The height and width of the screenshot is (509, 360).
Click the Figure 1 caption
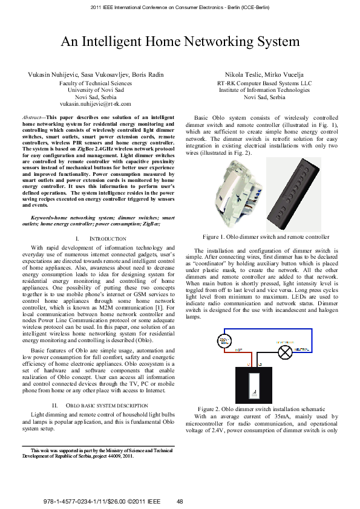pyautogui.click(x=266, y=237)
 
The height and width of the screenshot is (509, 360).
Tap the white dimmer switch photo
pyautogui.click(x=237, y=187)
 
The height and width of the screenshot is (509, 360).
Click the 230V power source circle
pyautogui.click(x=223, y=339)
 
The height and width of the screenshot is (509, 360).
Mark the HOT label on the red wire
pyautogui.click(x=238, y=349)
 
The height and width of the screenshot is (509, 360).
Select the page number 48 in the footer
pyautogui.click(x=180, y=501)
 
